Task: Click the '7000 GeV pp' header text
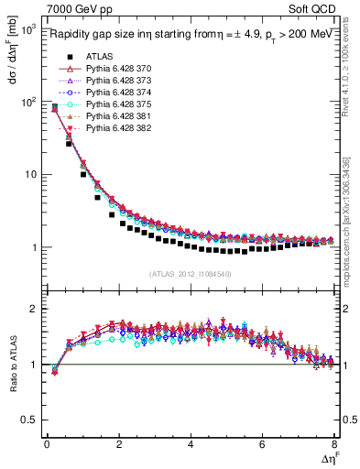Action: (x=72, y=10)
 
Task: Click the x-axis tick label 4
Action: (x=190, y=444)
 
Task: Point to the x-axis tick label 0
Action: (x=47, y=444)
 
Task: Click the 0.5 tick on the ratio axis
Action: (x=27, y=420)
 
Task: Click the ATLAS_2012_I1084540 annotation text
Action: (x=190, y=273)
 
